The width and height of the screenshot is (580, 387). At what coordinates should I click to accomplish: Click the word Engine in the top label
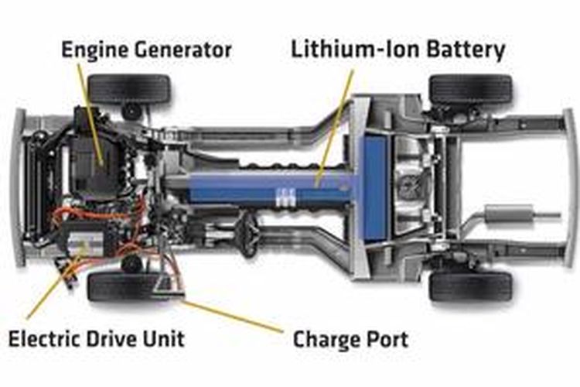pyautogui.click(x=94, y=51)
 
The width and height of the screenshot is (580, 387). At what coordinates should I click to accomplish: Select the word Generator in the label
pyautogui.click(x=183, y=50)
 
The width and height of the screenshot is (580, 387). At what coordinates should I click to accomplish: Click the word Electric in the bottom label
pyautogui.click(x=43, y=339)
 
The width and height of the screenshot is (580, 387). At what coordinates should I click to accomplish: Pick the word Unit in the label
pyautogui.click(x=163, y=339)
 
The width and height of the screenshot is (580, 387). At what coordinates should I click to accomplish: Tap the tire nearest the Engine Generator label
pyautogui.click(x=129, y=89)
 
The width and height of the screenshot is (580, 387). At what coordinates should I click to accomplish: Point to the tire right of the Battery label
pyautogui.click(x=470, y=89)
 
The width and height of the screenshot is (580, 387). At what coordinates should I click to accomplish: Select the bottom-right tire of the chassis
pyautogui.click(x=470, y=286)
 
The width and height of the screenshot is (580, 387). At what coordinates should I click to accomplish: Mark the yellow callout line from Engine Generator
pyautogui.click(x=90, y=114)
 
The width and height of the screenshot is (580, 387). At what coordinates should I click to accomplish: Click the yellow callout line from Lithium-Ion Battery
pyautogui.click(x=334, y=128)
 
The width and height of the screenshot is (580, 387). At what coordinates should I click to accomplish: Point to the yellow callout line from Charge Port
pyautogui.click(x=233, y=316)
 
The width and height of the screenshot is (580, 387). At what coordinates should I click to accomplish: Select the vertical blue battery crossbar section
pyautogui.click(x=374, y=188)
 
